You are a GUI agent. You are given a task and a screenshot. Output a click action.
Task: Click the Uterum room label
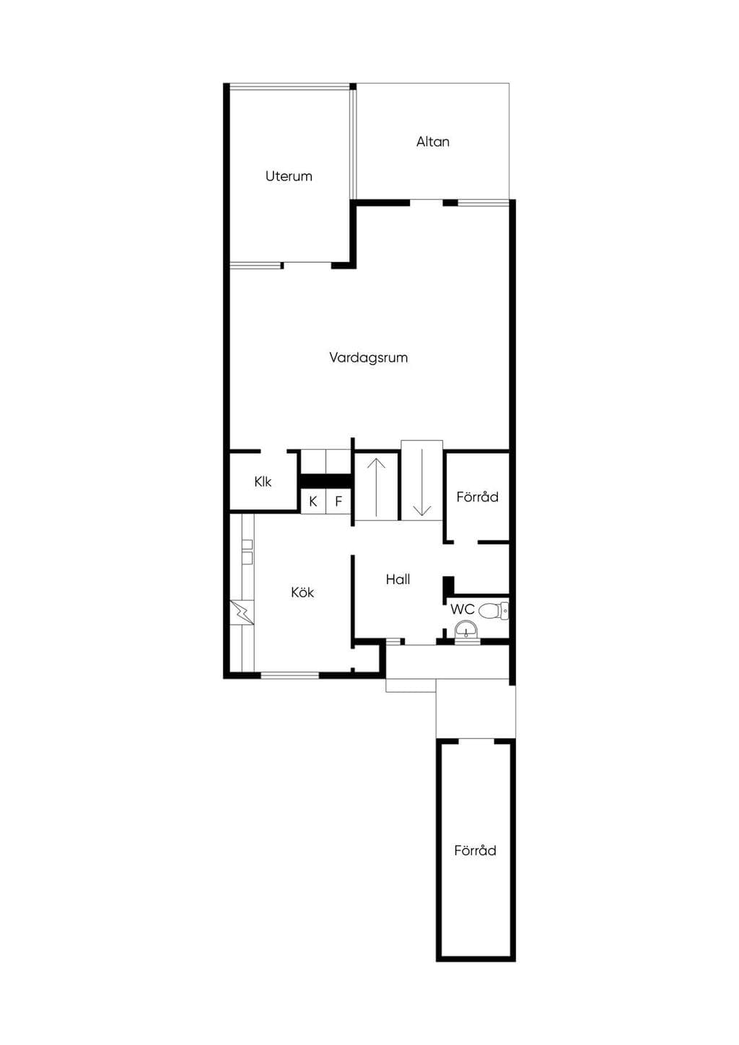click(289, 176)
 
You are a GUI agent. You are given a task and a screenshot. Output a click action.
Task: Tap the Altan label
click(432, 142)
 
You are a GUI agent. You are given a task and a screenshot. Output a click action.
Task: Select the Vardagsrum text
click(369, 358)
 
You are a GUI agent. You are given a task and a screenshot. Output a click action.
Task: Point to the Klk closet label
click(263, 482)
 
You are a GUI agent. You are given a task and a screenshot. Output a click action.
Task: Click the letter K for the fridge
click(313, 502)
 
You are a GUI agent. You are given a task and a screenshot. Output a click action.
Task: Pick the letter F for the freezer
click(338, 502)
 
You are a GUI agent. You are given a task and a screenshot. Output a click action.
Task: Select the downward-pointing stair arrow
click(421, 482)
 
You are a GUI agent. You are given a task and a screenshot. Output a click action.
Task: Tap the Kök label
click(302, 593)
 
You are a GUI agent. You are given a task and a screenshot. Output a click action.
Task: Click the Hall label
click(398, 580)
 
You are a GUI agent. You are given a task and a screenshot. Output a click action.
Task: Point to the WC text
click(463, 609)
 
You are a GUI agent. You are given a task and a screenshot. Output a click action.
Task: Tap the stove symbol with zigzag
click(242, 612)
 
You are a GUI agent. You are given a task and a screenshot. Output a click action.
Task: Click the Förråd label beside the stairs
click(477, 497)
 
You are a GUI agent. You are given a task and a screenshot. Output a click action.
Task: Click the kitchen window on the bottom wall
click(289, 675)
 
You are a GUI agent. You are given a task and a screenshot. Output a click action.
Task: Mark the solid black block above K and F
click(325, 481)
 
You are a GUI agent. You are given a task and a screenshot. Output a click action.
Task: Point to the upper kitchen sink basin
click(248, 544)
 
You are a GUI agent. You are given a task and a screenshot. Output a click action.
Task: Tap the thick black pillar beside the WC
click(449, 585)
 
